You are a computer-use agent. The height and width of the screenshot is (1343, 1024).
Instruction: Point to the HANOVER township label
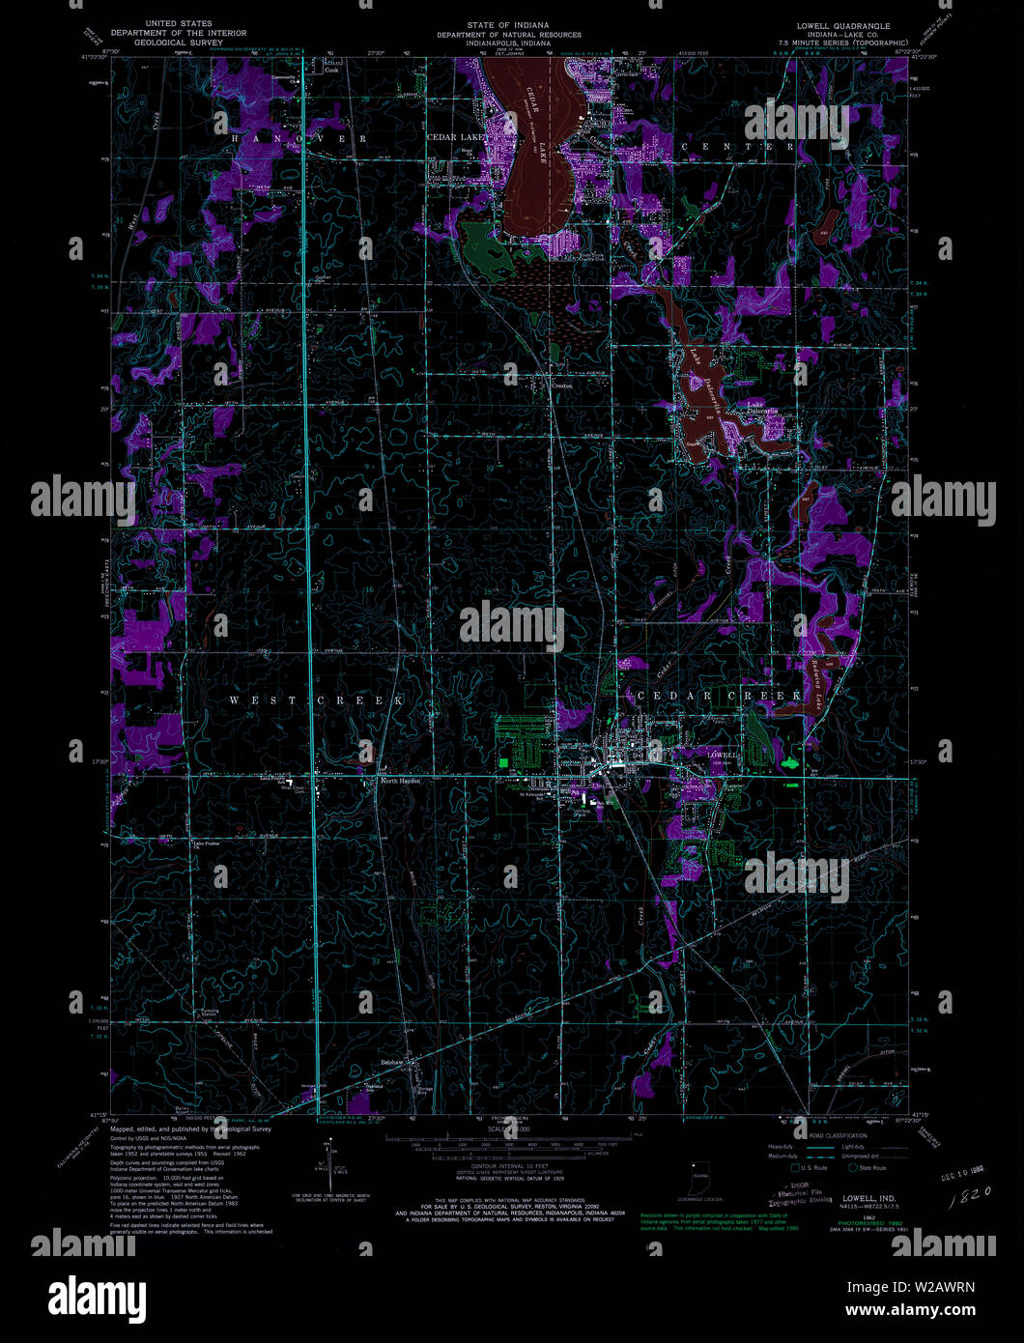pyautogui.click(x=299, y=140)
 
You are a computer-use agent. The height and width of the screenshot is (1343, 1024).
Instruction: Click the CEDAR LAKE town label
pyautogui.click(x=458, y=138)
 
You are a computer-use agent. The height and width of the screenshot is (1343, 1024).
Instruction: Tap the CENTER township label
pyautogui.click(x=739, y=146)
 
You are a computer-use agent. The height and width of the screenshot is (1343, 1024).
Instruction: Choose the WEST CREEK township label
pyautogui.click(x=317, y=700)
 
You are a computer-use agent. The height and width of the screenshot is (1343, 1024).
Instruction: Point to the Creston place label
pyautogui.click(x=561, y=386)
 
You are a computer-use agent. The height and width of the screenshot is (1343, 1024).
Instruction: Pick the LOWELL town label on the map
pyautogui.click(x=722, y=754)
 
